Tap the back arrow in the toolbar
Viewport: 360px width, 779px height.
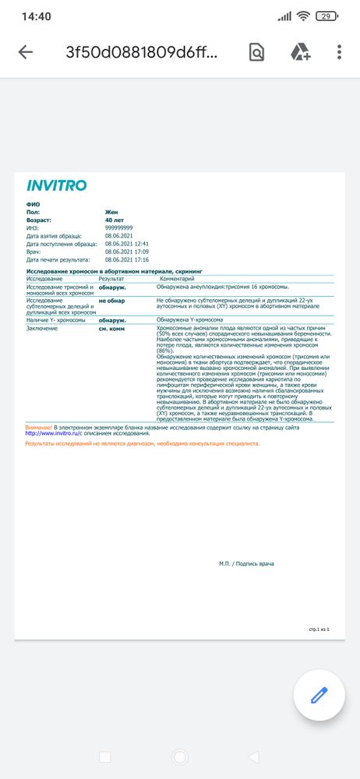26,52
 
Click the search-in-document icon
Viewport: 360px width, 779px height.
256,52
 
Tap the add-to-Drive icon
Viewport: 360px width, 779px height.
301,52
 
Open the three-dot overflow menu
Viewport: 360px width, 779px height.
339,52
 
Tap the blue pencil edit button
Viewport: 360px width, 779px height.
319,695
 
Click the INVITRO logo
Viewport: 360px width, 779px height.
57,185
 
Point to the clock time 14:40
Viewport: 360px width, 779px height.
37,16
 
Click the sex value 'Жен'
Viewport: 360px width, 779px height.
112,212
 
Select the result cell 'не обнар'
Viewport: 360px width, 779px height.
111,300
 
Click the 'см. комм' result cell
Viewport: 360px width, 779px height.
112,329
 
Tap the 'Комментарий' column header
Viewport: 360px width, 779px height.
178,278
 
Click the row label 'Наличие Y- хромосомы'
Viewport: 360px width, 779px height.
54,319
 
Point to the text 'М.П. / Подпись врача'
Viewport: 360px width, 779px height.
246,563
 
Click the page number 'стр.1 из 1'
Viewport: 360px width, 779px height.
319,628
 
